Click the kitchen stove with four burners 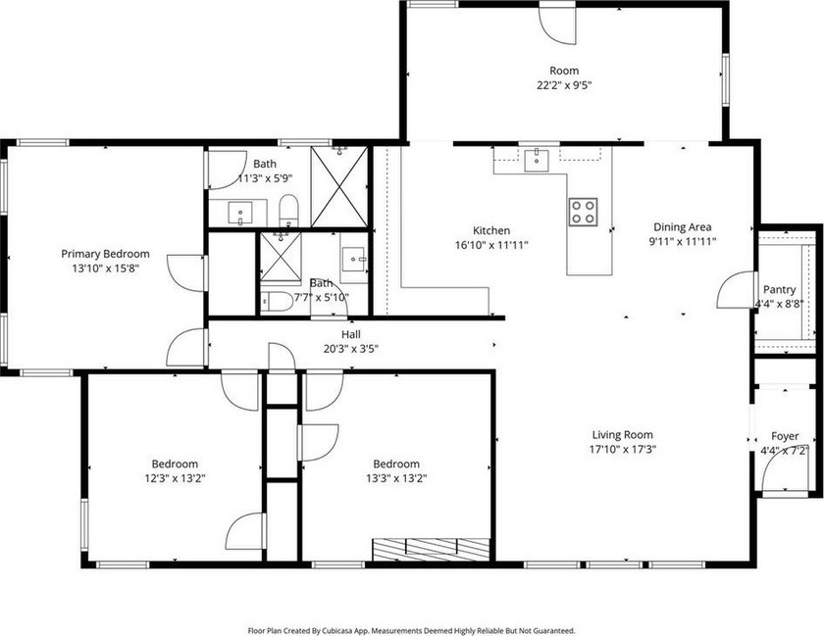[583, 213]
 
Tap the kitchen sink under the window [536, 160]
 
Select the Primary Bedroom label [105, 254]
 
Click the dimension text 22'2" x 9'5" [564, 85]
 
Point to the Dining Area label [683, 227]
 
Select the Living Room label [623, 435]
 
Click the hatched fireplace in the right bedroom [431, 550]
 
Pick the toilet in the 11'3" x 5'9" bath [288, 210]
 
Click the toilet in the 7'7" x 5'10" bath [277, 302]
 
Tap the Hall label [351, 334]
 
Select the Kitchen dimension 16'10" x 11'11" [491, 245]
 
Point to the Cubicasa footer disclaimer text [411, 630]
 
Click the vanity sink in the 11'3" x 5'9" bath [240, 213]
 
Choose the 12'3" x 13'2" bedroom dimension [175, 478]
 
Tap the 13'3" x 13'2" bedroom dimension [396, 478]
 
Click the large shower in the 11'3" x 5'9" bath [339, 187]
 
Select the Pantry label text [779, 289]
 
